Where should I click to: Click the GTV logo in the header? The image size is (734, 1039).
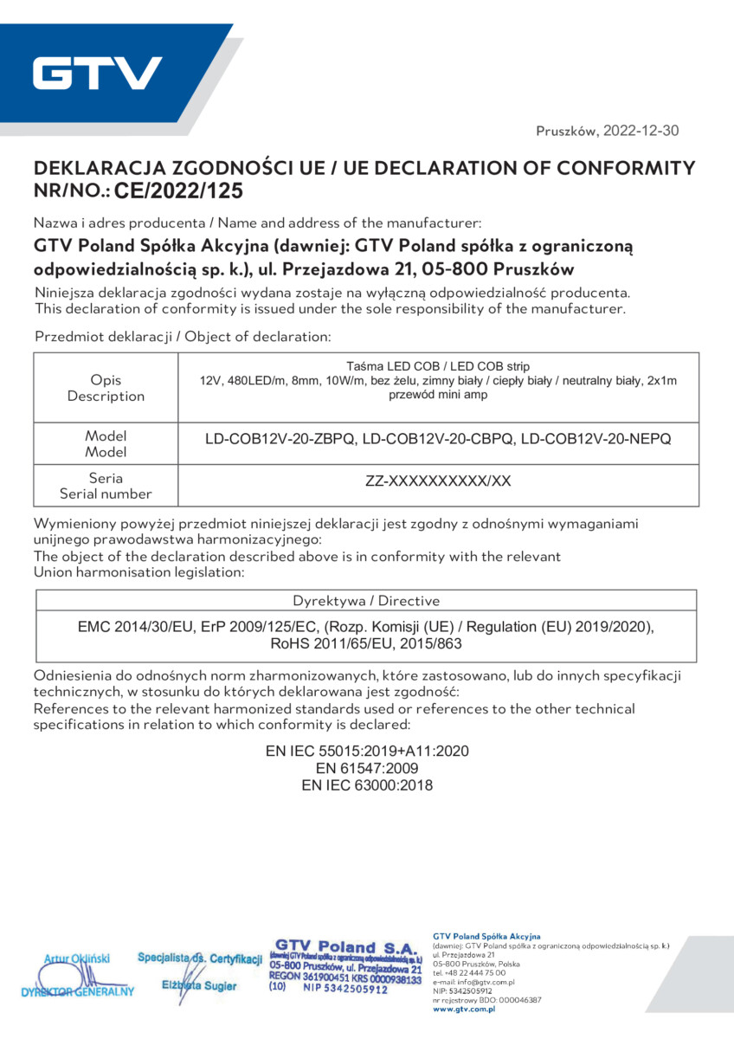(98, 74)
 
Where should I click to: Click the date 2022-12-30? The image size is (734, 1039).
(641, 132)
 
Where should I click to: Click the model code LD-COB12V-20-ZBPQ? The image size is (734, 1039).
(280, 440)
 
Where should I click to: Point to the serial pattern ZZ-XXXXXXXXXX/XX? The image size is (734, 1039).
(438, 481)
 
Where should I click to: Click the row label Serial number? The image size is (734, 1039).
(106, 494)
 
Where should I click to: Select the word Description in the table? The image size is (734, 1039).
(106, 397)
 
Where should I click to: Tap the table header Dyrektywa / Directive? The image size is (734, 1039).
(366, 601)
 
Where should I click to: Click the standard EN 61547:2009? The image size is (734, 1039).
(367, 768)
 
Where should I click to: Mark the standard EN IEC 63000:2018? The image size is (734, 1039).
(367, 785)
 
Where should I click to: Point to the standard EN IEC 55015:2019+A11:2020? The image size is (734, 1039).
(367, 751)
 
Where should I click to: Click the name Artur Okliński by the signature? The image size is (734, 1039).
(77, 958)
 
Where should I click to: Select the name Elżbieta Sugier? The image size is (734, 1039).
(199, 986)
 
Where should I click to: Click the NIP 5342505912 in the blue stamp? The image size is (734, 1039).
(345, 990)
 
